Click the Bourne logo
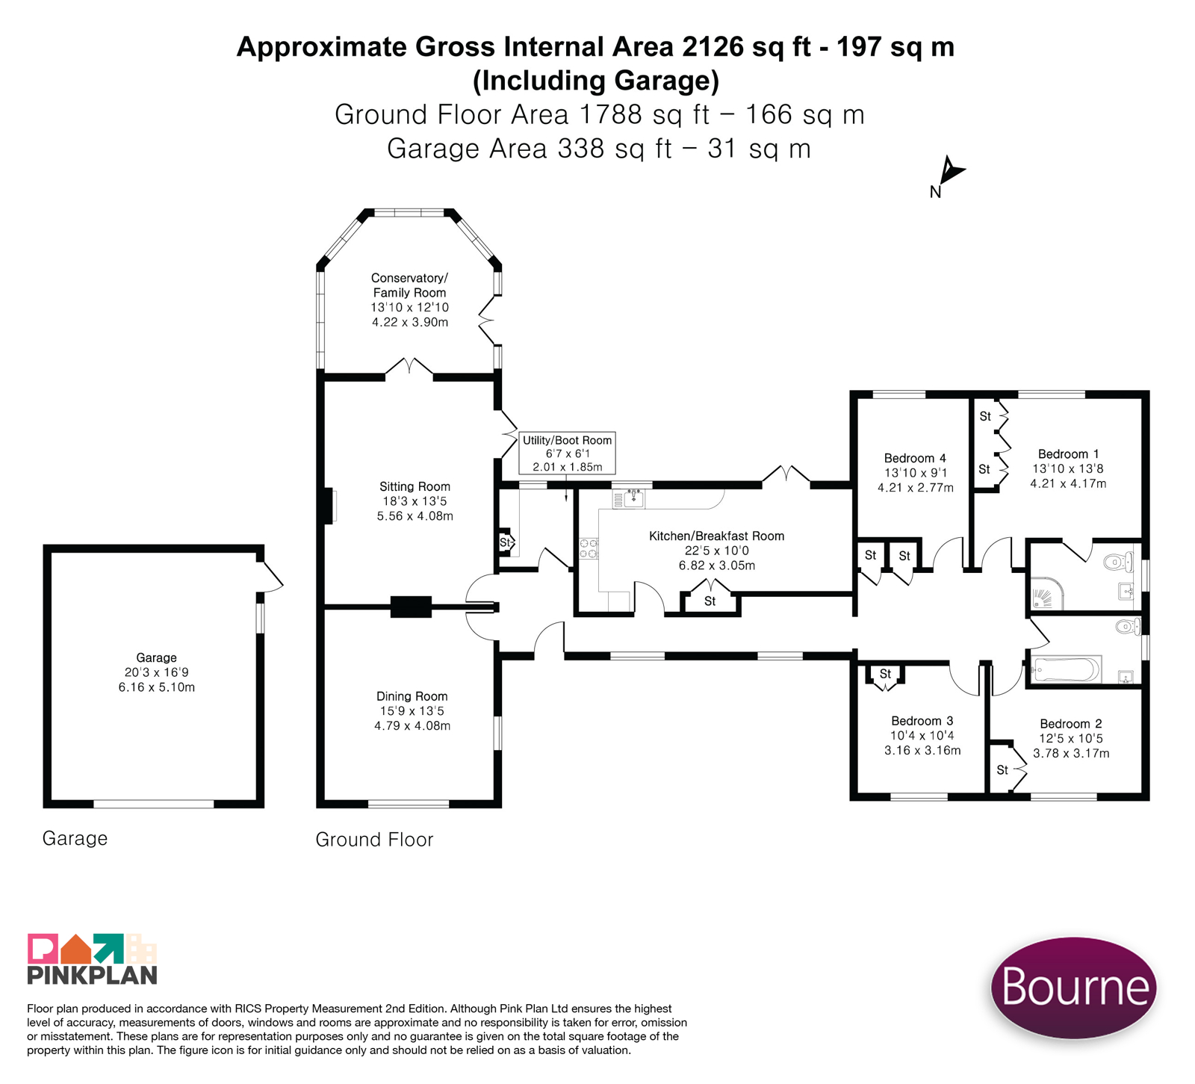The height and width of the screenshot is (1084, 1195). click(1073, 987)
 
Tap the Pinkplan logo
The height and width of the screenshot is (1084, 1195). click(92, 958)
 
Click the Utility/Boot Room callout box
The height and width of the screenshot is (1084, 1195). click(567, 453)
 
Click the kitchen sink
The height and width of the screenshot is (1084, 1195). click(630, 498)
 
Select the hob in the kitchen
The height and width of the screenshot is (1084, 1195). click(589, 548)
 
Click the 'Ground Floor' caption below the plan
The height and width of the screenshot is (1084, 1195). click(374, 840)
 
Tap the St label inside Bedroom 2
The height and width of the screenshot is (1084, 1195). click(1002, 769)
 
